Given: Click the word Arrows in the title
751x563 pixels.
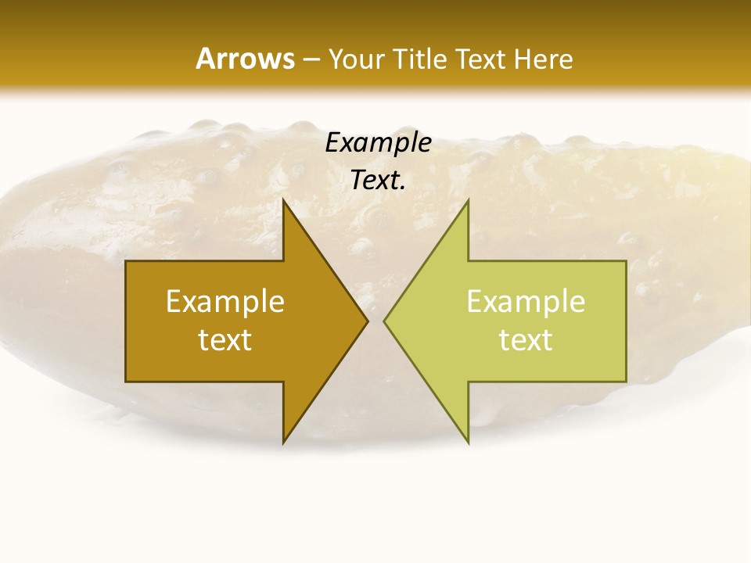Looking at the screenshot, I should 244,59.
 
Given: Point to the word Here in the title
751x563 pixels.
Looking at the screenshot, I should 544,59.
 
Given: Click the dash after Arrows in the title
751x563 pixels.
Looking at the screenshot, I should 311,60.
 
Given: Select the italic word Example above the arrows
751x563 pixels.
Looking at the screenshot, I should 378,142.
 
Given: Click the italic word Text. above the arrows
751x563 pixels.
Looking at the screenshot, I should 378,180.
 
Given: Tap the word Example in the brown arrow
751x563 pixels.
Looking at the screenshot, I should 225,301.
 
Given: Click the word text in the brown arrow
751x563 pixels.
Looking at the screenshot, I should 225,339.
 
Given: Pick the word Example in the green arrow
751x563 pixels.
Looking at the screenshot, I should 526,301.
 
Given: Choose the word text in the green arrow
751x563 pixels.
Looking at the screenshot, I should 526,339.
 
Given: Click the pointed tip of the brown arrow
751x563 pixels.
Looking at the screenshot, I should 368,321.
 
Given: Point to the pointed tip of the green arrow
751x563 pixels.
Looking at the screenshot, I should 384,321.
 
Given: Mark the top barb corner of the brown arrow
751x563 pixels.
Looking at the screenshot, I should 283,200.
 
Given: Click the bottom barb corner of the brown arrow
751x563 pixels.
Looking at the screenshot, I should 283,443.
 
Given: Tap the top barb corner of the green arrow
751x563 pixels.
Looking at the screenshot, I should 468,200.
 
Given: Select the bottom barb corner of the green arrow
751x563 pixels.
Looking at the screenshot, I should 468,443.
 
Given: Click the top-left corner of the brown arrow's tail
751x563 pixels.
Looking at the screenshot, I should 126,261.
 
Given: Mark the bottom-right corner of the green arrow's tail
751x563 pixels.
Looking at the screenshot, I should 626,382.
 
